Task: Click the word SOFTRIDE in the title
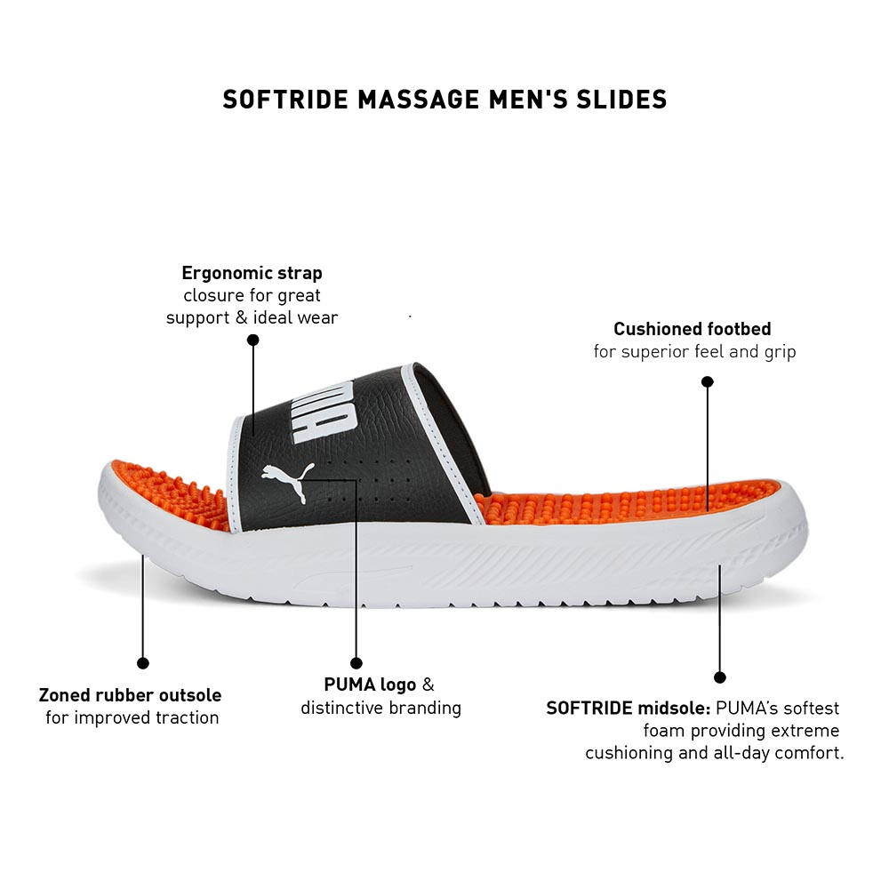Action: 285,100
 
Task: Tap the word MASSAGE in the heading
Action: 419,100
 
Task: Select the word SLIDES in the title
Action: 622,100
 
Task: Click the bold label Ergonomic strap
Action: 252,273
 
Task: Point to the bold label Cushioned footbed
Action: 693,329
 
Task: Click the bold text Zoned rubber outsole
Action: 130,695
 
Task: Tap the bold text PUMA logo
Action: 370,685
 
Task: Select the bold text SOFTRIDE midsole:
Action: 629,709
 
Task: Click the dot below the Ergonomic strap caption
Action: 252,340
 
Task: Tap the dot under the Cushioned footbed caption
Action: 708,381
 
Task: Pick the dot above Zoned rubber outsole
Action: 143,663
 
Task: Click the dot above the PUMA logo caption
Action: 356,663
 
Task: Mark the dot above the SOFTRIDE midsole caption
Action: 719,677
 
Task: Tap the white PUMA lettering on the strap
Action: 324,411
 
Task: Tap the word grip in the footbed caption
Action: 781,352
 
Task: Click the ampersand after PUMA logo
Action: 428,685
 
